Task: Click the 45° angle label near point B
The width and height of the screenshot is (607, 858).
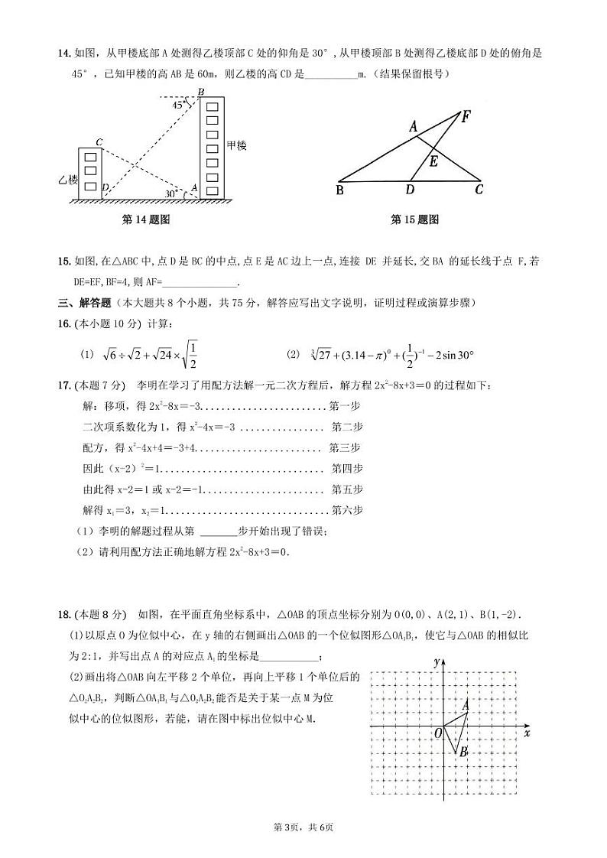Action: [178, 106]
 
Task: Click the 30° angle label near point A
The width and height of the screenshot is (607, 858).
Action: [170, 194]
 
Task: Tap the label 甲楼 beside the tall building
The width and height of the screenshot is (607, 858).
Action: [237, 145]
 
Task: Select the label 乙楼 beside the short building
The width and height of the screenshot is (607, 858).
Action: [68, 180]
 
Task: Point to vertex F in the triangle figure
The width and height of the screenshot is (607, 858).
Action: [466, 116]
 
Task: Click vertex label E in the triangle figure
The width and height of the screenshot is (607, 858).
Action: [433, 161]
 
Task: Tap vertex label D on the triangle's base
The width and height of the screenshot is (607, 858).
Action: [410, 190]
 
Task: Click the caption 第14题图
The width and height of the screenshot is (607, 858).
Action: [145, 219]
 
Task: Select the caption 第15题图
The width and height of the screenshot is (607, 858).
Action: [414, 219]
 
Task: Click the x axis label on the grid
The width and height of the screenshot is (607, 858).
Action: [527, 733]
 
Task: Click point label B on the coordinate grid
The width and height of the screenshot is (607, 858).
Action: [463, 752]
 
